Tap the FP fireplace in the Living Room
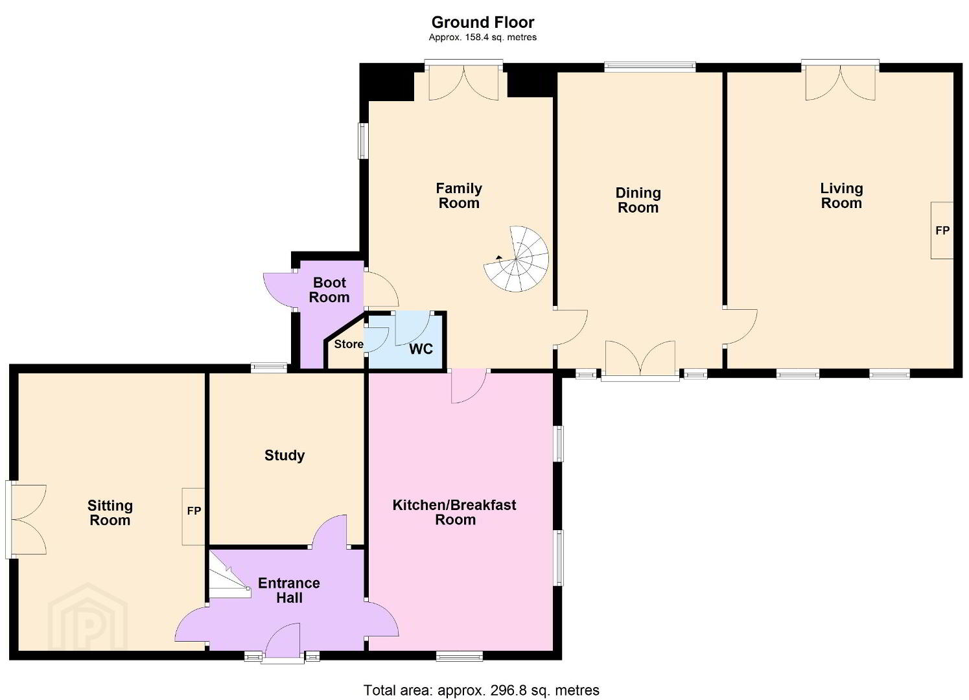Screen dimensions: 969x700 (x=942, y=231)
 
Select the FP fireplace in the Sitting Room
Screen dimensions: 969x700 (x=193, y=516)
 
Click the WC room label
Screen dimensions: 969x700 (x=421, y=349)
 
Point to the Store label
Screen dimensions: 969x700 (x=349, y=344)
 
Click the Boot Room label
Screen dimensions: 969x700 (x=329, y=290)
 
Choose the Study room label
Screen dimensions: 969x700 (x=285, y=455)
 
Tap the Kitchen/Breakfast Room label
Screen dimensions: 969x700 (x=454, y=512)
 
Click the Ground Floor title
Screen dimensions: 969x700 (x=483, y=22)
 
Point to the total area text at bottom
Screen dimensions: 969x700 (x=482, y=690)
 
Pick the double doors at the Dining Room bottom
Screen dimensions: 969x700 (x=640, y=359)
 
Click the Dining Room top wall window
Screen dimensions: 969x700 (x=650, y=67)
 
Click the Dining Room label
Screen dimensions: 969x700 (x=638, y=200)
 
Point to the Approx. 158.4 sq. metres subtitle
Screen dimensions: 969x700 (x=483, y=37)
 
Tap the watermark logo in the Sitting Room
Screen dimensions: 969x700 (x=88, y=616)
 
